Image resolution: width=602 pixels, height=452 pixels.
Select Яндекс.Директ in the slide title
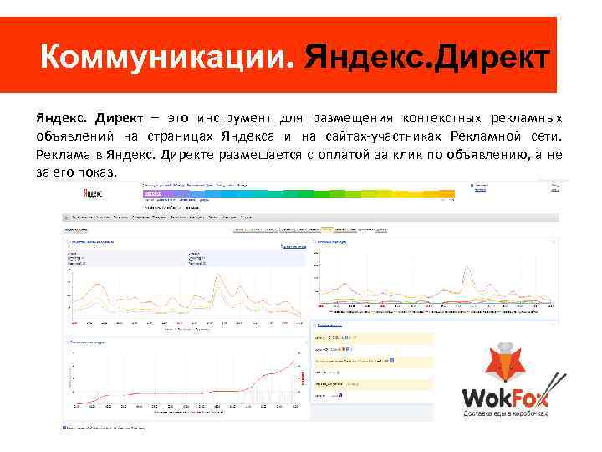pos(427,58)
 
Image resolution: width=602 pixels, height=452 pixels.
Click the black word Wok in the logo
pos(488,395)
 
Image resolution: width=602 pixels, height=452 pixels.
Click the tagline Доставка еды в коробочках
pos(506,413)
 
